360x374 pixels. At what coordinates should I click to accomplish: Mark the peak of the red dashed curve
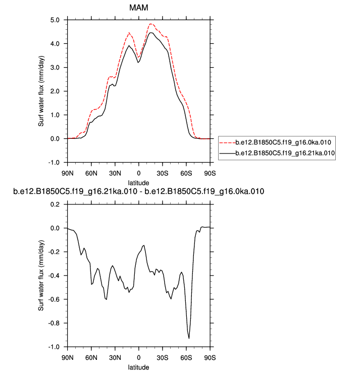150,24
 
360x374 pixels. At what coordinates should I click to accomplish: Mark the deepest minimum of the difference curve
189,338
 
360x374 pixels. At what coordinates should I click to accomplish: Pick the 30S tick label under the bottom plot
163,358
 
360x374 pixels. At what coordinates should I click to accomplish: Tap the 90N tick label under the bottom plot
68,358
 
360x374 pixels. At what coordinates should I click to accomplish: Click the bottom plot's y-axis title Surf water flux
42,276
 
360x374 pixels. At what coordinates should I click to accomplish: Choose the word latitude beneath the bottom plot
139,367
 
